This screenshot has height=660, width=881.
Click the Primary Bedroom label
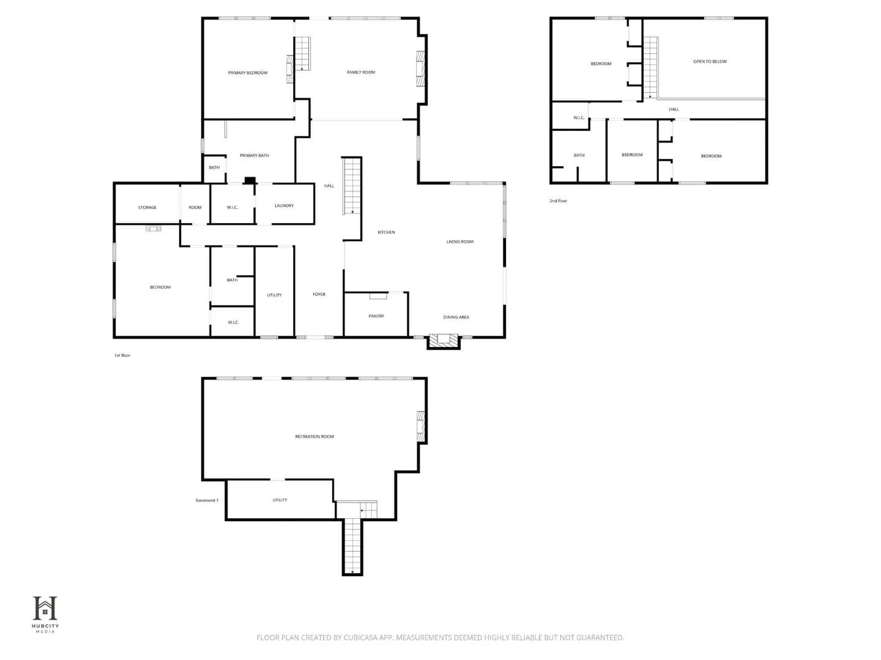click(247, 73)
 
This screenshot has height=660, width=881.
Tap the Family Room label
click(361, 73)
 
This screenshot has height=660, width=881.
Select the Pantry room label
click(376, 316)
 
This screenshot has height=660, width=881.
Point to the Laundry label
click(284, 205)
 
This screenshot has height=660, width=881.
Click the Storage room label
click(147, 208)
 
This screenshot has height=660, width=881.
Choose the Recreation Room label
click(314, 436)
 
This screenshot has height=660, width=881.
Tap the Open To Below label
click(710, 62)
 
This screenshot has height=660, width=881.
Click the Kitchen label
click(386, 232)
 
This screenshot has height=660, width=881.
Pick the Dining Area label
click(456, 317)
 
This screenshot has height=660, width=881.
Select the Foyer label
click(319, 295)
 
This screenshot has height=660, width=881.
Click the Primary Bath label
click(254, 155)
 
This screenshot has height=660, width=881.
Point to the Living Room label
click(460, 241)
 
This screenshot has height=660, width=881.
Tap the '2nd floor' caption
click(558, 201)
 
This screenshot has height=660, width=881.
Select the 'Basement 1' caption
click(207, 500)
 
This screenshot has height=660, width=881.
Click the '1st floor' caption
click(122, 356)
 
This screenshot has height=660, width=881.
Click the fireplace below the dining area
click(443, 342)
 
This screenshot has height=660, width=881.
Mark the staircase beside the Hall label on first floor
click(352, 186)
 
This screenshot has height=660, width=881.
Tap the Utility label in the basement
click(280, 500)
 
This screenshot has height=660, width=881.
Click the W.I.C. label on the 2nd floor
click(578, 118)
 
